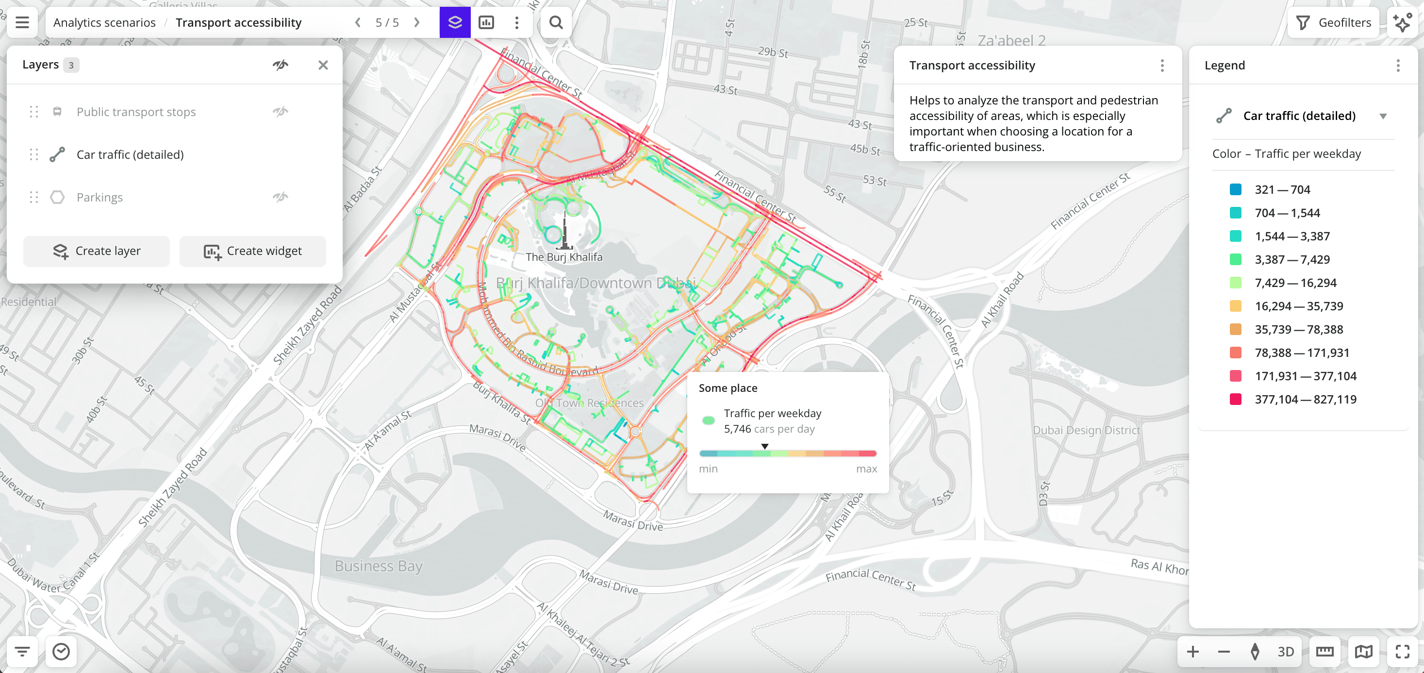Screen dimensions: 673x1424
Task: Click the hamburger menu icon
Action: pyautogui.click(x=22, y=23)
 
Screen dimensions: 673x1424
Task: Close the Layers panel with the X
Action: pyautogui.click(x=323, y=65)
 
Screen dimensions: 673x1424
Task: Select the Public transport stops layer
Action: pyautogui.click(x=136, y=112)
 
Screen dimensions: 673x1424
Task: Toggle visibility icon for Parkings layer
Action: pyautogui.click(x=280, y=197)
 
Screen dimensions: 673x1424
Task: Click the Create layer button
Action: pyautogui.click(x=97, y=251)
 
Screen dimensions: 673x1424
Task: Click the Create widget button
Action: pyautogui.click(x=253, y=251)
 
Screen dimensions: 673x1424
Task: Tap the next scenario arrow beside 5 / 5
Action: pyautogui.click(x=417, y=23)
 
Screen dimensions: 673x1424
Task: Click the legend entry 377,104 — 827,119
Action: pyautogui.click(x=1305, y=399)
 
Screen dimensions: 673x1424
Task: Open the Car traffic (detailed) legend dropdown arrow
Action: pyautogui.click(x=1383, y=116)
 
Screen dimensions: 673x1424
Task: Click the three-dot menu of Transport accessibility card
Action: pyautogui.click(x=1162, y=66)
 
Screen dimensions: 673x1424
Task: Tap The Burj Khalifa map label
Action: pyautogui.click(x=564, y=257)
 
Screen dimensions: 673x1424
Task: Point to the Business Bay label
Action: pyautogui.click(x=378, y=566)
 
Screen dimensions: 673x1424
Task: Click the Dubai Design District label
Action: pyautogui.click(x=1086, y=430)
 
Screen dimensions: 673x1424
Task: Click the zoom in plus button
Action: pyautogui.click(x=1192, y=652)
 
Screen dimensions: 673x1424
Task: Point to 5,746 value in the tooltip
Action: pyautogui.click(x=737, y=429)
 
